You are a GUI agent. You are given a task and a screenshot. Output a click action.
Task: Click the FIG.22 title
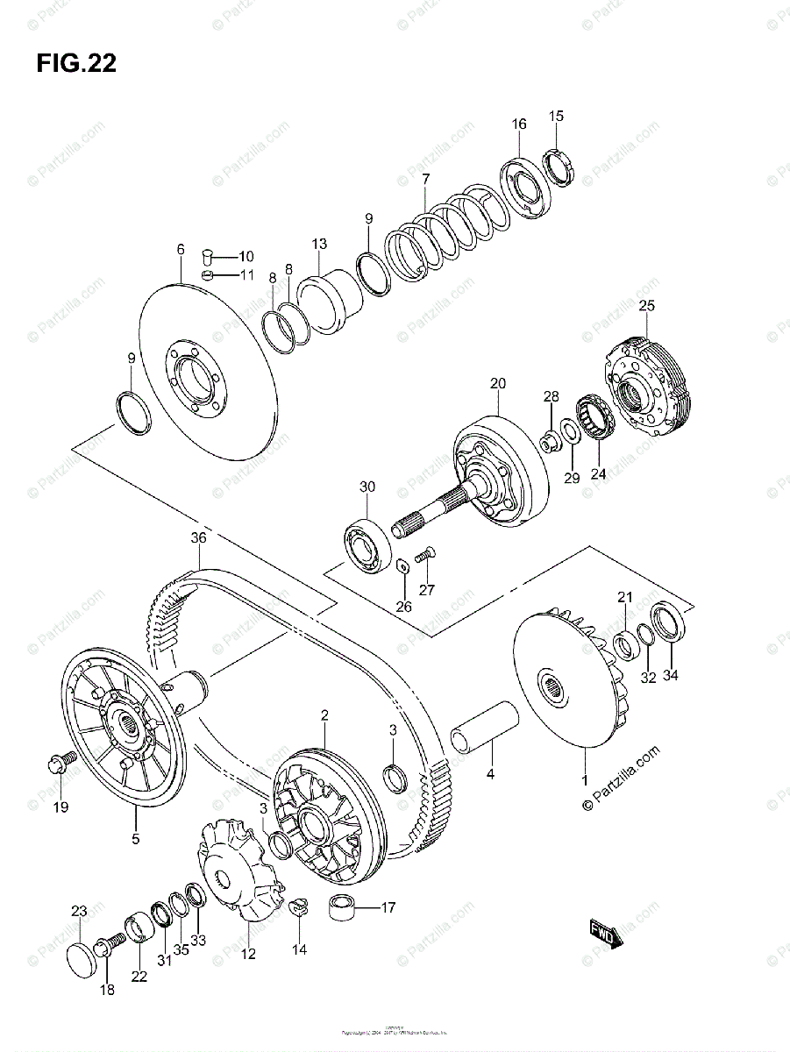[76, 64]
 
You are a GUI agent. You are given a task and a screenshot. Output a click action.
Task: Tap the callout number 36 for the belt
[198, 538]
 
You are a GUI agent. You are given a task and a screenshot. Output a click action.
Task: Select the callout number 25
[646, 306]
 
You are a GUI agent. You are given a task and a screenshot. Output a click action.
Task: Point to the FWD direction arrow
[606, 933]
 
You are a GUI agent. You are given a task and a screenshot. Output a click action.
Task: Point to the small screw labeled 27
[424, 554]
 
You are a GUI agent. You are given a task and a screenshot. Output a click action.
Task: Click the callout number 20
[498, 383]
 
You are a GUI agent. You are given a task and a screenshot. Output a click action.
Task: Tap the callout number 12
[248, 954]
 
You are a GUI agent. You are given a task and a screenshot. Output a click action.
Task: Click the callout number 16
[519, 124]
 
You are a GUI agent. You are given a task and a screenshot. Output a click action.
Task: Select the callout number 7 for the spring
[425, 180]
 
